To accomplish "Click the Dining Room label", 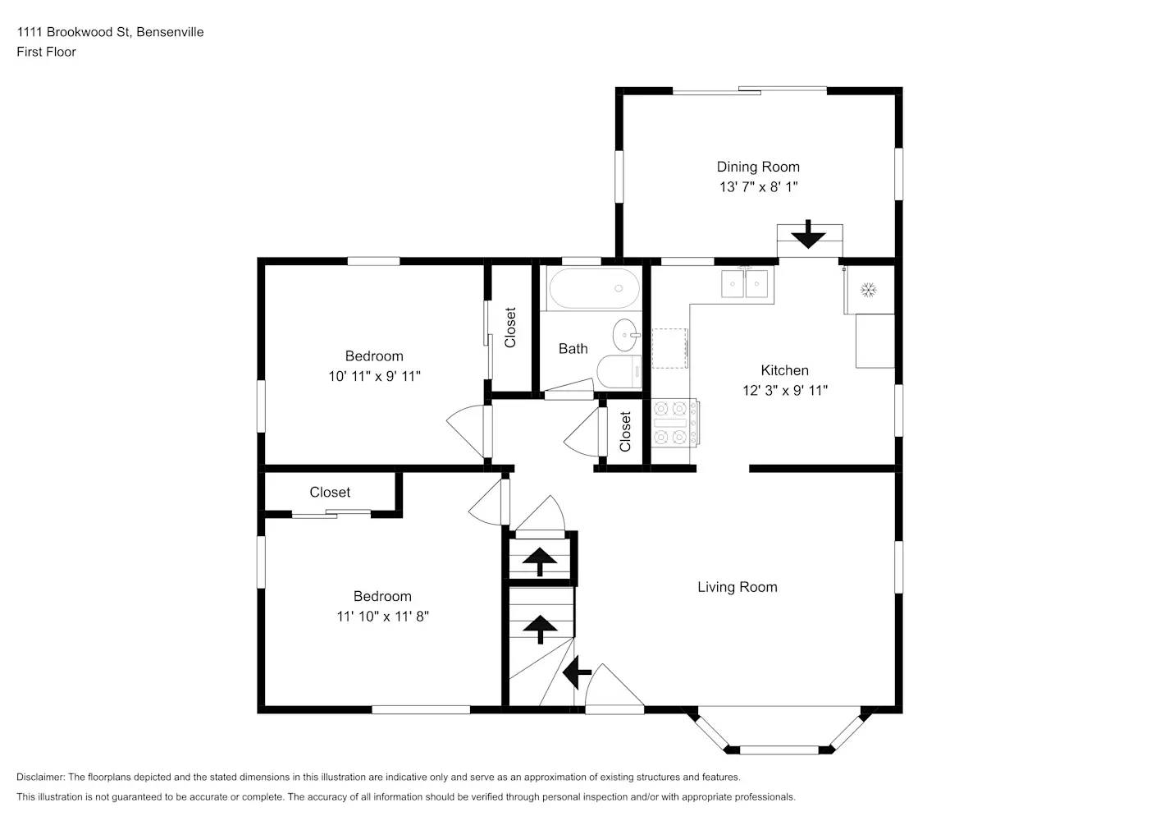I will (x=758, y=167).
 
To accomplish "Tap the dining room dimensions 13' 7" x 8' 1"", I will (x=758, y=187).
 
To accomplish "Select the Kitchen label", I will (x=784, y=370).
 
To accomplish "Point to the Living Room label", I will (x=737, y=587).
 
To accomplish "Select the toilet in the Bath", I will (x=620, y=373).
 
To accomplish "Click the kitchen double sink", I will (x=744, y=284).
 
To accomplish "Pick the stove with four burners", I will (x=674, y=422).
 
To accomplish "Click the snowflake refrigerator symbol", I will (x=868, y=290).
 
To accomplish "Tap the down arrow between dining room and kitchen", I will (x=808, y=234).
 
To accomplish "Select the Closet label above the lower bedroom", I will (x=330, y=493).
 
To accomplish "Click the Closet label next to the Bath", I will (x=510, y=328).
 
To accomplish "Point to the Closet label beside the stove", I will (x=625, y=432).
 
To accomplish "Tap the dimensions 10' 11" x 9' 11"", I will (x=374, y=376).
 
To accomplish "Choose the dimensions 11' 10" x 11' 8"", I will (x=382, y=617).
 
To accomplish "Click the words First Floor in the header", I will (x=46, y=52).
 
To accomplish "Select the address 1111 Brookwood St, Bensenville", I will (x=110, y=32).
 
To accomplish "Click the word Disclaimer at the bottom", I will (x=39, y=777).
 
